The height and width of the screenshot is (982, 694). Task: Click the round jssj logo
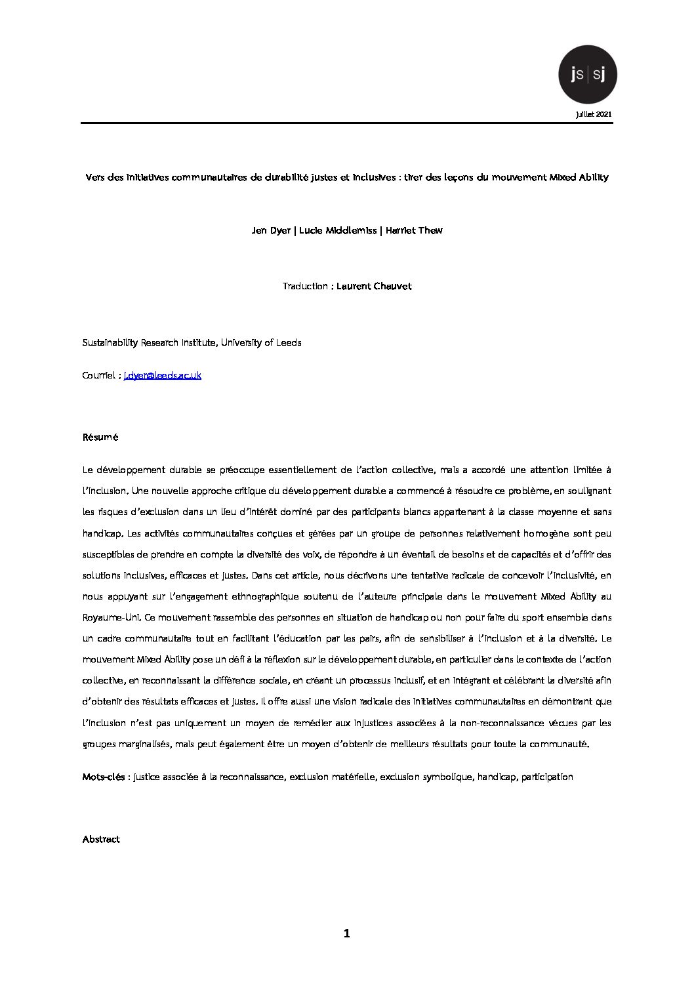point(587,75)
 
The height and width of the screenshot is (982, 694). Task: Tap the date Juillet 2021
point(594,114)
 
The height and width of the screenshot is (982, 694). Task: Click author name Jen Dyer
point(271,230)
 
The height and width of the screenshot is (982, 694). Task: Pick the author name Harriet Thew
point(414,230)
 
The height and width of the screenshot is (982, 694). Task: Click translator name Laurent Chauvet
point(374,286)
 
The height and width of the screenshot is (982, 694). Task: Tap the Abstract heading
point(101,839)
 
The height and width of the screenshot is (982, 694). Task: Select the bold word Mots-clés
point(104,777)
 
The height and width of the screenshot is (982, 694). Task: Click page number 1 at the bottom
point(347,933)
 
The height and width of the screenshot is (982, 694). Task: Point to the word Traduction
point(304,286)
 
